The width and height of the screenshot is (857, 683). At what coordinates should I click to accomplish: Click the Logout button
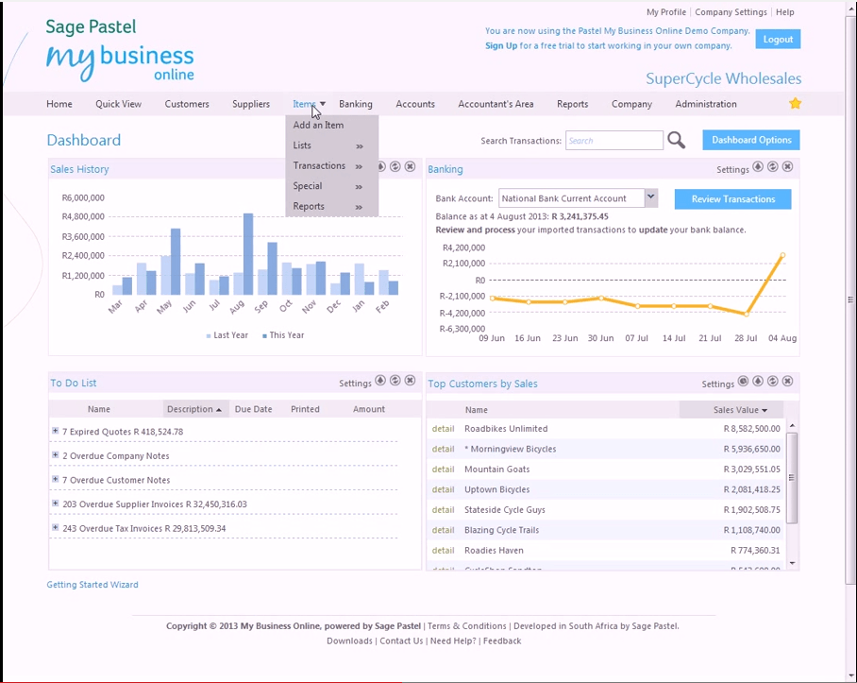tap(778, 39)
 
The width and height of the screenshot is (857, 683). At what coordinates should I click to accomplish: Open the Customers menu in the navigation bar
tap(187, 104)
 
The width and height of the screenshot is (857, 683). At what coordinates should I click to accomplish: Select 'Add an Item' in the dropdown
tap(318, 125)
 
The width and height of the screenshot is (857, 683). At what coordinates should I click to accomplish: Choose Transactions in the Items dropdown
tap(319, 165)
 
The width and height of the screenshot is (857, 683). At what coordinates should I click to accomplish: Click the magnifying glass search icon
tap(677, 141)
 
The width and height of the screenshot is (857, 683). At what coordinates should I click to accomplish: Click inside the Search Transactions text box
tap(613, 141)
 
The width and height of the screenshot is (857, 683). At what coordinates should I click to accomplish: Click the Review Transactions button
tap(732, 199)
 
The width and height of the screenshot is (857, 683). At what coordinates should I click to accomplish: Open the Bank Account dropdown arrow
tap(650, 197)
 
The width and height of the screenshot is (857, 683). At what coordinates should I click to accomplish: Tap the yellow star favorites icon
tap(795, 104)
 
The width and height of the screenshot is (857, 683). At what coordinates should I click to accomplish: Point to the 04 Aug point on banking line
tap(782, 255)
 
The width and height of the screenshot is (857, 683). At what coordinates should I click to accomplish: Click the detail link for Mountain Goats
tap(443, 470)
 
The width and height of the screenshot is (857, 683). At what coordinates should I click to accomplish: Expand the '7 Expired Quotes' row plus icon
tap(55, 431)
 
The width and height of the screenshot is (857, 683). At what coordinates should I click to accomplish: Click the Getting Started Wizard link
tap(92, 585)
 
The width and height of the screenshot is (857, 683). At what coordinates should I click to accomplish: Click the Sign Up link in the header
tap(501, 45)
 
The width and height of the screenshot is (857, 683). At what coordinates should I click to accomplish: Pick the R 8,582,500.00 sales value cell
tap(742, 429)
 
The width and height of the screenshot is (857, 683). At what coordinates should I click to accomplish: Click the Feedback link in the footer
tap(502, 640)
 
